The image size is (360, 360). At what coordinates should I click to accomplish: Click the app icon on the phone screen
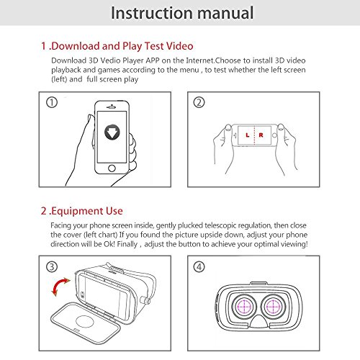[x=111, y=133]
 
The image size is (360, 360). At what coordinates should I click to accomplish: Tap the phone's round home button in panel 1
[x=111, y=167]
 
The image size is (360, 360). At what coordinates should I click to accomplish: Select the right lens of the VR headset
[x=274, y=305]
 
